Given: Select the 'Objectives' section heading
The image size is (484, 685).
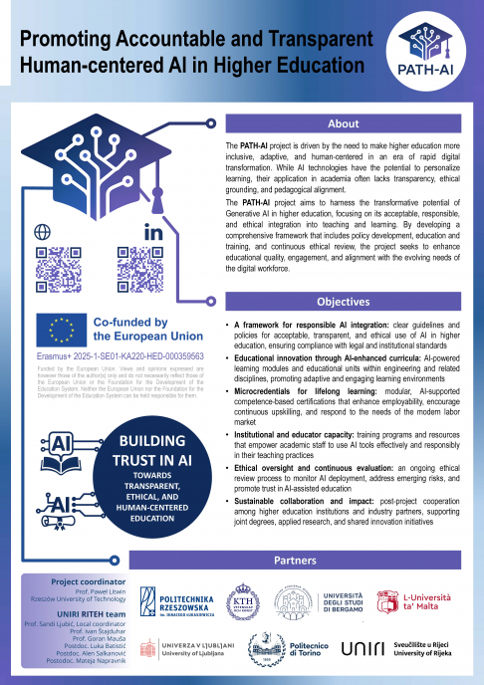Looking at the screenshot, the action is [344, 302].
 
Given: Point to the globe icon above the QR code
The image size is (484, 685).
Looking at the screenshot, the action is [42, 231].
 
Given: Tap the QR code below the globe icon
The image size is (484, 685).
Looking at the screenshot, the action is [58, 266].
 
